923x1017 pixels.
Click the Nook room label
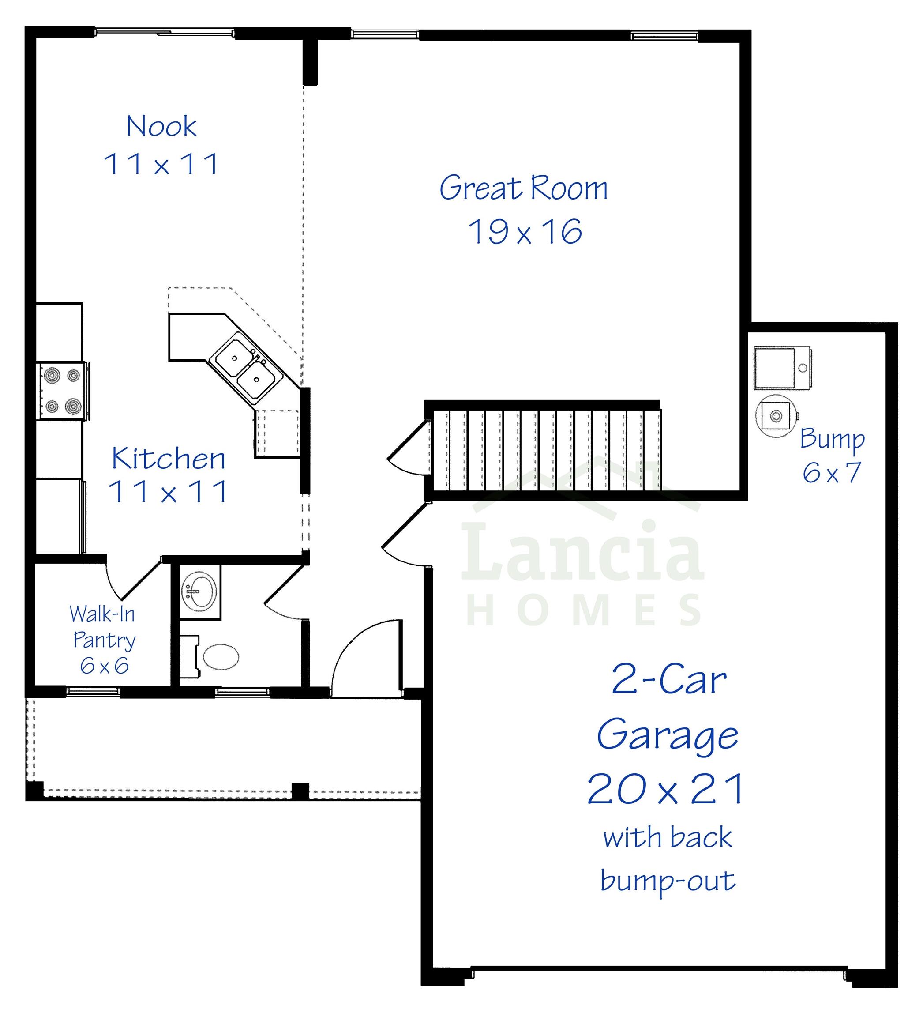[161, 126]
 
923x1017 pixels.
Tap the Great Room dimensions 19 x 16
[525, 232]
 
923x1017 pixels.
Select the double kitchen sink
[246, 368]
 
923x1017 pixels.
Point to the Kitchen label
[168, 459]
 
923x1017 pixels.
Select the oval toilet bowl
[221, 657]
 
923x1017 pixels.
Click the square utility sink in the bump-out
[782, 368]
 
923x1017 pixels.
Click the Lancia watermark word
[582, 552]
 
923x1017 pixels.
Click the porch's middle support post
[300, 791]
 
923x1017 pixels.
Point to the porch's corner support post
[34, 791]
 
